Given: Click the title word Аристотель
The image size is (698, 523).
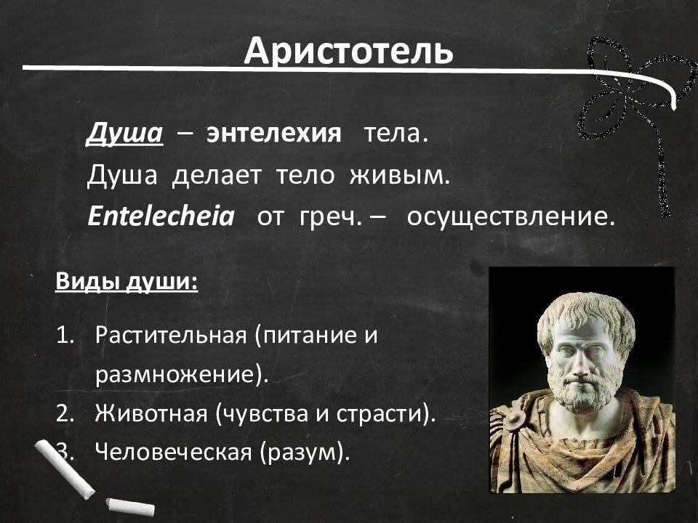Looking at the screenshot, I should pyautogui.click(x=348, y=51).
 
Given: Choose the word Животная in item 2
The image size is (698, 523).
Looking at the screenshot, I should pyautogui.click(x=151, y=414).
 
